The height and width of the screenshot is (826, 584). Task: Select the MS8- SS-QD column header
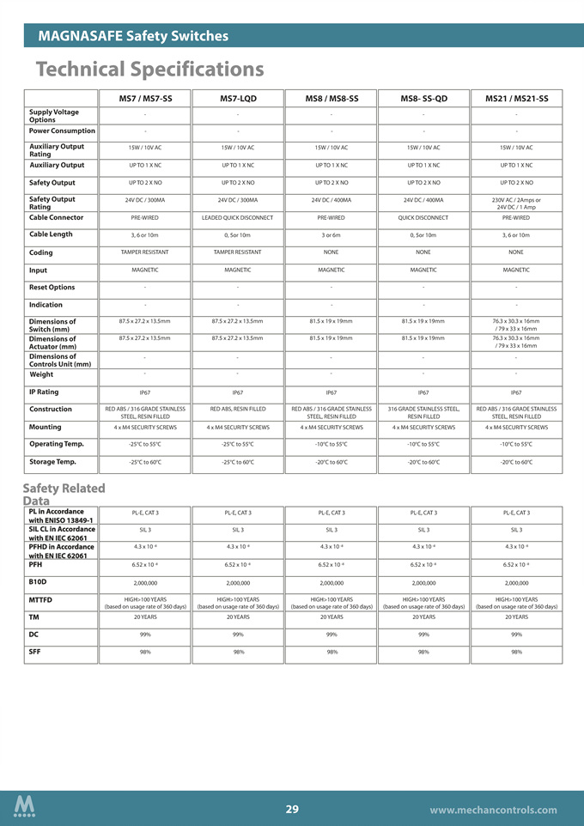(x=423, y=99)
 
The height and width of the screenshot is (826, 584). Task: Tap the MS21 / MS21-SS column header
(x=516, y=99)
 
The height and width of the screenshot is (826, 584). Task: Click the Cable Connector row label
(x=56, y=217)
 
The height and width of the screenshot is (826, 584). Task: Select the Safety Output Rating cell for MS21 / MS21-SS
(x=516, y=203)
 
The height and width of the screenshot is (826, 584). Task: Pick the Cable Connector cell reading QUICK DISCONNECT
(x=423, y=217)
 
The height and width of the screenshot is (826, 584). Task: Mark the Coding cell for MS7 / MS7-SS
(x=144, y=252)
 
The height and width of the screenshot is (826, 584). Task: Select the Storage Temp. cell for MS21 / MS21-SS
(x=516, y=462)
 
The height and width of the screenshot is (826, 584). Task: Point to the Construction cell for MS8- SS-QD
(x=423, y=413)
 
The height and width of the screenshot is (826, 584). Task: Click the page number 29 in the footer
(x=292, y=810)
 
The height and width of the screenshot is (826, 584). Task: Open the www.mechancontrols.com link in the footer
(x=501, y=811)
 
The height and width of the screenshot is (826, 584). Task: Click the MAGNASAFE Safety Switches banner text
(x=133, y=36)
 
